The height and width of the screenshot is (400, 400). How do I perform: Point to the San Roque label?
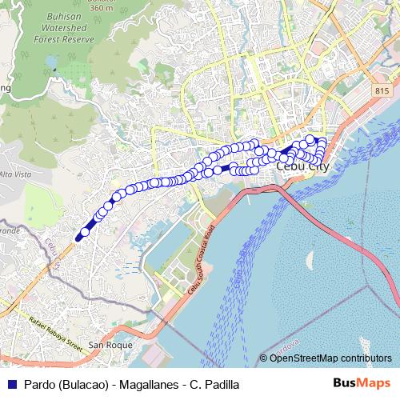(x=108, y=345)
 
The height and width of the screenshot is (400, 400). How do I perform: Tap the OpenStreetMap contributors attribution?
(x=330, y=358)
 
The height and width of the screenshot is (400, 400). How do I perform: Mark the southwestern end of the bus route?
(x=78, y=237)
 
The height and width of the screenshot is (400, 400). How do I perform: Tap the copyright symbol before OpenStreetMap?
(x=264, y=358)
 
